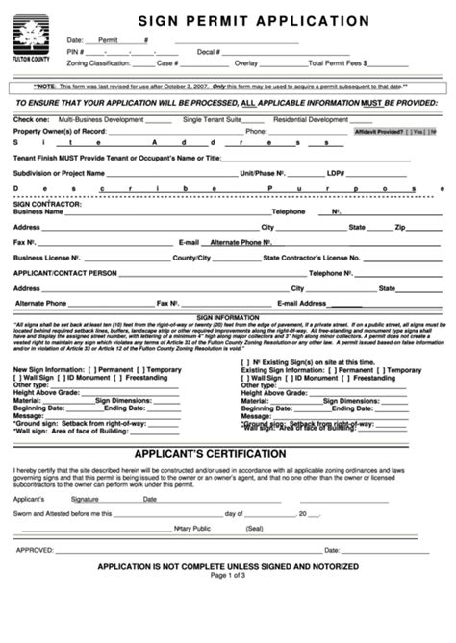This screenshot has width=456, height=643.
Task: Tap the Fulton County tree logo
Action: (35, 39)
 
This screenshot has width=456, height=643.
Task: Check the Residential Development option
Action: (310, 119)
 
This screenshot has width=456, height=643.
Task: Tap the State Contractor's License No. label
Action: (312, 258)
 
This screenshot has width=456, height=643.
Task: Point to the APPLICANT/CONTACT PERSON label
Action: (64, 273)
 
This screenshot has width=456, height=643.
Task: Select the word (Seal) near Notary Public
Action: (255, 528)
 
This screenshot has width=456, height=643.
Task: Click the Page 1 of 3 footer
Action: (228, 576)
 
